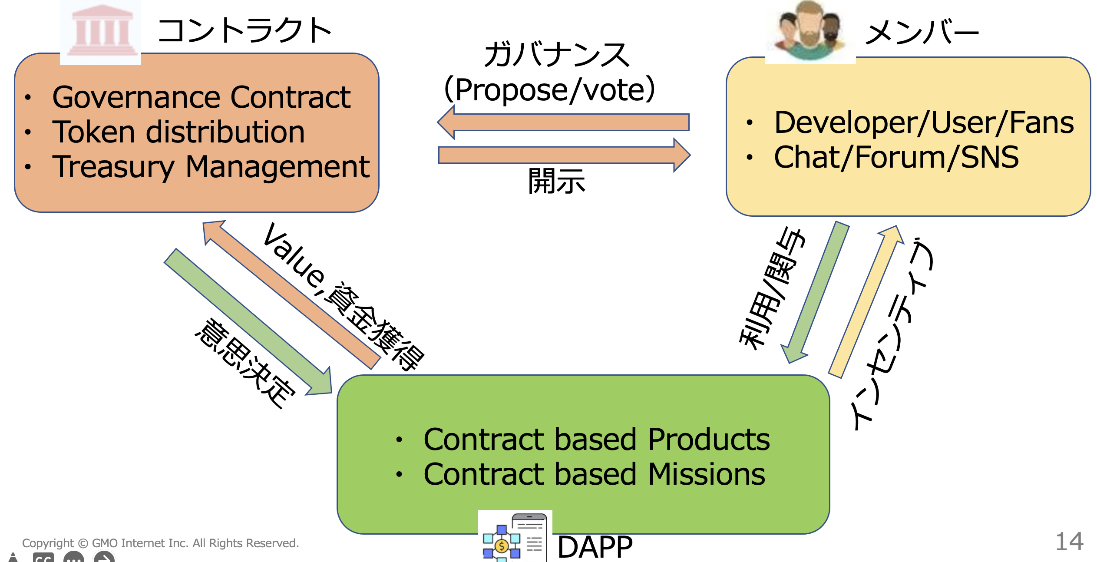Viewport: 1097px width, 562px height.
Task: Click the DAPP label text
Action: click(595, 547)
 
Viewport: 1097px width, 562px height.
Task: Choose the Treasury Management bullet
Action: click(211, 167)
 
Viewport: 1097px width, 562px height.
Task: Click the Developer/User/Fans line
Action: click(924, 123)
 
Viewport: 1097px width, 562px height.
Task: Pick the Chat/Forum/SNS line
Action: click(896, 158)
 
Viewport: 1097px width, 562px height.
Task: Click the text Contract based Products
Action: click(596, 440)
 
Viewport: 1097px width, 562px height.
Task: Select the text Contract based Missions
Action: click(594, 474)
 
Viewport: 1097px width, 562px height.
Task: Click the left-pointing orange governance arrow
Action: click(563, 122)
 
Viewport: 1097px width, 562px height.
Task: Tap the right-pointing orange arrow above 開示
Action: click(565, 155)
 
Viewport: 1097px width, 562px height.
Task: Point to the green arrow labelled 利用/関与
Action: click(815, 292)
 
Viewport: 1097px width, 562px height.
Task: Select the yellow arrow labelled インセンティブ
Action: click(866, 301)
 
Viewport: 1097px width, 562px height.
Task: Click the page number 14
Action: click(1070, 542)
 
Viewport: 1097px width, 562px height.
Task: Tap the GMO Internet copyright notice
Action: click(161, 543)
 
